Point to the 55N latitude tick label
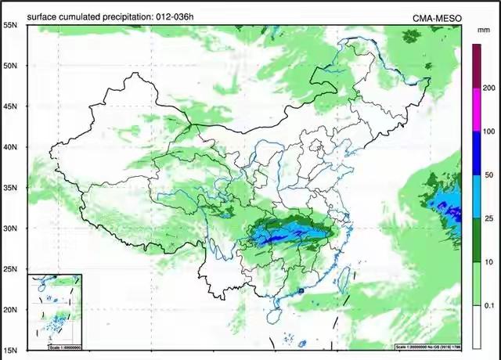(x=10, y=25)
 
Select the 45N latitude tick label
(x=10, y=106)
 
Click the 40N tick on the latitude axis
(x=10, y=147)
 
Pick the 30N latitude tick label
(x=10, y=229)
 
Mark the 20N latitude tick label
(x=10, y=310)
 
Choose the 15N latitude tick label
(x=10, y=350)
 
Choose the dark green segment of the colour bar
(x=476, y=238)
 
